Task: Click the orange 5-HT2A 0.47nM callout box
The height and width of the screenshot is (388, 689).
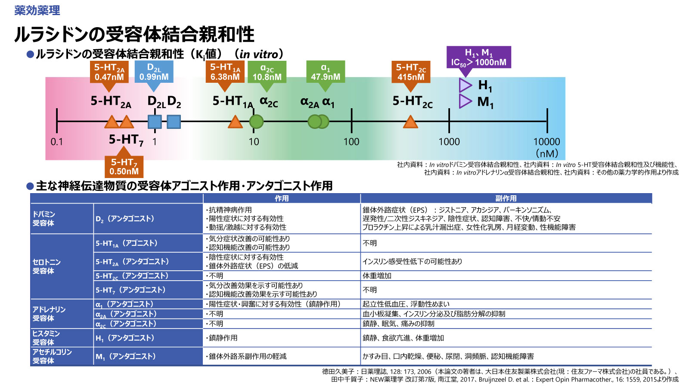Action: point(109,72)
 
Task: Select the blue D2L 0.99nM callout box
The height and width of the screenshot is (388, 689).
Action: point(154,72)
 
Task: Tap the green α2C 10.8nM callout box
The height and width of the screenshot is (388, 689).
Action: point(267,72)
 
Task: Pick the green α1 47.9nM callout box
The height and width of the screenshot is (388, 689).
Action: point(326,72)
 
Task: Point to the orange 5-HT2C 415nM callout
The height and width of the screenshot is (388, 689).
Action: point(411,72)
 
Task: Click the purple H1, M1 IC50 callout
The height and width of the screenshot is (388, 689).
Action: point(479,57)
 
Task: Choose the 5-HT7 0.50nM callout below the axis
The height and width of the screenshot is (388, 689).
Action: point(124,166)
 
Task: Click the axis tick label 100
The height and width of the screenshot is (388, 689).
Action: point(351,141)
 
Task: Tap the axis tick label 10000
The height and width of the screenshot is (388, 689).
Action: point(547,141)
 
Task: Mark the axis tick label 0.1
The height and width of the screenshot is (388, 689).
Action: point(57,141)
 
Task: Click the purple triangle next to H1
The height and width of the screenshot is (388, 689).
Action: point(465,85)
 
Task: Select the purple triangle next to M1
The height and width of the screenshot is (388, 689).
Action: point(465,102)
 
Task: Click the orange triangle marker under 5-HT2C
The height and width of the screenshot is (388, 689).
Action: point(410,122)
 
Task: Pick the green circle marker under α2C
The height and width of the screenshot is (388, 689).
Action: point(257,122)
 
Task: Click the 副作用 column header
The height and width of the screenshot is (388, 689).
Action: point(506,198)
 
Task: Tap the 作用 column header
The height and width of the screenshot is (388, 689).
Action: point(282,198)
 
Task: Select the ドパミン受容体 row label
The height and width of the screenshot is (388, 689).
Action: point(44,219)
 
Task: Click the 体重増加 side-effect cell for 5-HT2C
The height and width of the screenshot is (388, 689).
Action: point(377,275)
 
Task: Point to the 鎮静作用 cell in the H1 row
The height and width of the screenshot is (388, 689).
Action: point(223,338)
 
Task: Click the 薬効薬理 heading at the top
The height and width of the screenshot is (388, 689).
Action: point(37,10)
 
